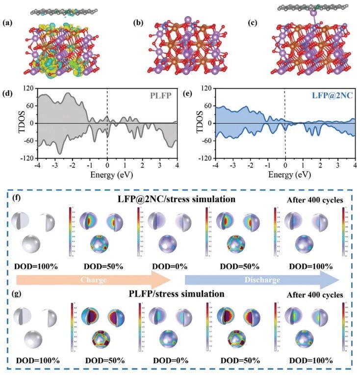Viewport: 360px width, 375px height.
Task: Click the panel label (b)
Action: [x=139, y=23]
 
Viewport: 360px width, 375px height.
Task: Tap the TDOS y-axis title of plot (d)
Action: [x=10, y=123]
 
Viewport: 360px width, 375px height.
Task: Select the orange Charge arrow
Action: [x=93, y=280]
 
